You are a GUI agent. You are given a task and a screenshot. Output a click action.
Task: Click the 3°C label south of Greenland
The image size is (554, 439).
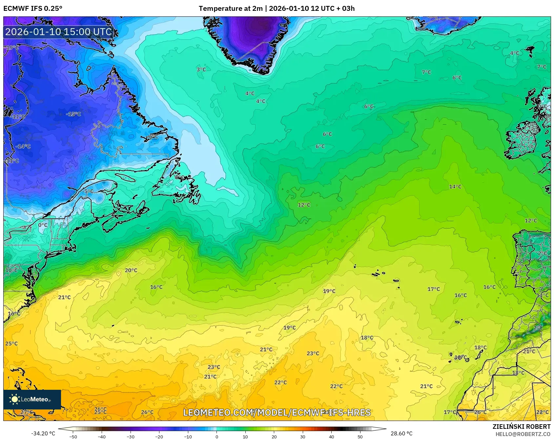pyautogui.click(x=201, y=70)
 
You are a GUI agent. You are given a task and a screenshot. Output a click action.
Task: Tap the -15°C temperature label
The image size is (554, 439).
pyautogui.click(x=73, y=114)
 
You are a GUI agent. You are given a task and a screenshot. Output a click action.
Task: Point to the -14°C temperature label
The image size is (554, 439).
pyautogui.click(x=23, y=146)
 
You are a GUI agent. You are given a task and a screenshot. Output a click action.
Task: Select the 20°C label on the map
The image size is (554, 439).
pyautogui.click(x=131, y=270)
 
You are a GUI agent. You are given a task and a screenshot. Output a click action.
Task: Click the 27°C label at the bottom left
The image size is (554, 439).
pyautogui.click(x=26, y=412)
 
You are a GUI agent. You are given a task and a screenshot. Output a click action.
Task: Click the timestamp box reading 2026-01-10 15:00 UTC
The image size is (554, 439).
pyautogui.click(x=59, y=32)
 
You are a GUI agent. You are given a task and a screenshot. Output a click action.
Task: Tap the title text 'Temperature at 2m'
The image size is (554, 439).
pyautogui.click(x=231, y=9)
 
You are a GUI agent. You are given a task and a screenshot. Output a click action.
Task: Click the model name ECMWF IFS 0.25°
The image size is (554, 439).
pyautogui.click(x=33, y=9)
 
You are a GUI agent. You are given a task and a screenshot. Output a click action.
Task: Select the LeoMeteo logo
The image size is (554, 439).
pyautogui.click(x=32, y=399)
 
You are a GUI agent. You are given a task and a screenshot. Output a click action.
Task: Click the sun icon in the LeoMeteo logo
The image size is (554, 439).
pyautogui.click(x=14, y=399)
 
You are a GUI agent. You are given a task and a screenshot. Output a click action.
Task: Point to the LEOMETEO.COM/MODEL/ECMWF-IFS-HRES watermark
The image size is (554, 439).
pyautogui.click(x=277, y=412)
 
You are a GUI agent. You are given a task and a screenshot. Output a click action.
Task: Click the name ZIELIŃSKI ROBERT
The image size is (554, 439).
pyautogui.click(x=521, y=427)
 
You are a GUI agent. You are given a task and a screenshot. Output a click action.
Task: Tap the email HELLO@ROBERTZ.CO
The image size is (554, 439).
pyautogui.click(x=523, y=434)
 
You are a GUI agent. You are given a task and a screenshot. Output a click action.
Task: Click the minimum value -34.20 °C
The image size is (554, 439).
pyautogui.click(x=43, y=433)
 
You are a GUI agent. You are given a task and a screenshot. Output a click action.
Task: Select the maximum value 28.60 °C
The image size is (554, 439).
pyautogui.click(x=401, y=433)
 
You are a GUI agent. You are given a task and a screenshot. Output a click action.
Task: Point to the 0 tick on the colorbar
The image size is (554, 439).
pyautogui.click(x=216, y=437)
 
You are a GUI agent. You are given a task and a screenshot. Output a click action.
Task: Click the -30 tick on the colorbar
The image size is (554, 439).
pyautogui.click(x=131, y=437)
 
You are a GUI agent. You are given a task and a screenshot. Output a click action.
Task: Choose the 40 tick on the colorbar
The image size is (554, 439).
pyautogui.click(x=331, y=437)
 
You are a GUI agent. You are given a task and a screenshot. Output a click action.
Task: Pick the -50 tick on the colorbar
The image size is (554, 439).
pyautogui.click(x=73, y=437)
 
